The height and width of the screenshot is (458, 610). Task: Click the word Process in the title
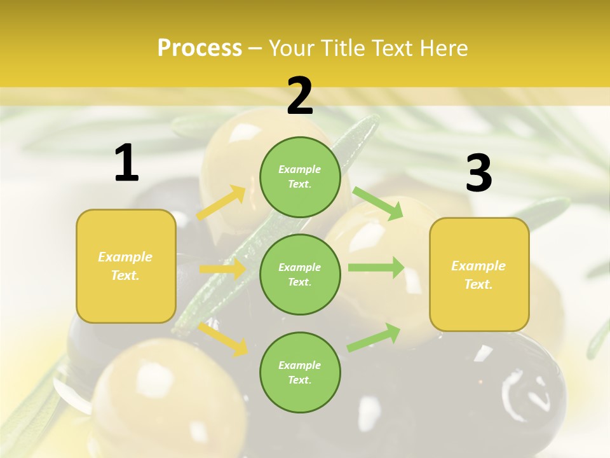(x=200, y=48)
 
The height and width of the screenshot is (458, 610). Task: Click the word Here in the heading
(x=442, y=48)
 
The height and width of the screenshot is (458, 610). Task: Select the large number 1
(x=126, y=163)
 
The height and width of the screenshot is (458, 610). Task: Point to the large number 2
(x=300, y=96)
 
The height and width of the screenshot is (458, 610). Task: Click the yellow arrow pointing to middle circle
(x=222, y=269)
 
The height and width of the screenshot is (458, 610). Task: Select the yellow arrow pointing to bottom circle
(x=223, y=338)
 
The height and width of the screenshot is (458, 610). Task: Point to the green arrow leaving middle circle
(x=376, y=267)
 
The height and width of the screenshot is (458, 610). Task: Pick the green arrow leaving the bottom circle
(x=374, y=338)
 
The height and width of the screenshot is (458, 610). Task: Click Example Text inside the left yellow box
(x=125, y=266)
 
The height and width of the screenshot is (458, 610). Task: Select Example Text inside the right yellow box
(x=478, y=275)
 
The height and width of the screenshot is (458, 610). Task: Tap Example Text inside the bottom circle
(x=299, y=372)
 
